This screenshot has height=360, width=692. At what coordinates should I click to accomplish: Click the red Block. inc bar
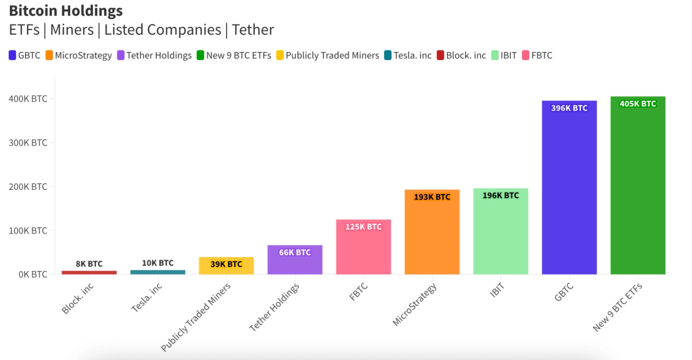point(89,272)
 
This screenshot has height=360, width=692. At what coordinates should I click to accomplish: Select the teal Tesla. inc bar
point(158,272)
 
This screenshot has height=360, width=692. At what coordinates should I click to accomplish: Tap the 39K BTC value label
point(226,264)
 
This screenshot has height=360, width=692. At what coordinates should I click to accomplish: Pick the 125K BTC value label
point(363,227)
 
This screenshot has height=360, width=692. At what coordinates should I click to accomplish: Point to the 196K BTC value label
point(501,195)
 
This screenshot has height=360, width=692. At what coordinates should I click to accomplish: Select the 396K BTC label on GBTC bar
point(569,108)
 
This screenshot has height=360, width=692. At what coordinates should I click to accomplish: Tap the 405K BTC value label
point(638,104)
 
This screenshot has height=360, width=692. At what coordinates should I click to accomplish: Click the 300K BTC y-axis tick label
point(28,143)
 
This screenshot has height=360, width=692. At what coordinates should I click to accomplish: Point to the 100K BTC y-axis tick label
point(28,231)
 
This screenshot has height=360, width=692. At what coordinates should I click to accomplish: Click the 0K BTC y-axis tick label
point(32,275)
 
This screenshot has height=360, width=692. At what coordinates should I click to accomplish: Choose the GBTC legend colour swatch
point(12,55)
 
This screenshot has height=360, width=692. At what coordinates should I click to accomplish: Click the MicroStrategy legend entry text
point(83,55)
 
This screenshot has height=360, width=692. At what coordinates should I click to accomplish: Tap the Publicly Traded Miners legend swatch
point(280,55)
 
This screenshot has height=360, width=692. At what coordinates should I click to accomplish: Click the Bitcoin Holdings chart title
point(66,11)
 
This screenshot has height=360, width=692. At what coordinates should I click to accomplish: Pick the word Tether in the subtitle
point(253,30)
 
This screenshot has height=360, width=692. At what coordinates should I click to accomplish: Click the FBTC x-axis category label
point(359,292)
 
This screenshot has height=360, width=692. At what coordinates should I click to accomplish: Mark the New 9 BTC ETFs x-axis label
point(617,307)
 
